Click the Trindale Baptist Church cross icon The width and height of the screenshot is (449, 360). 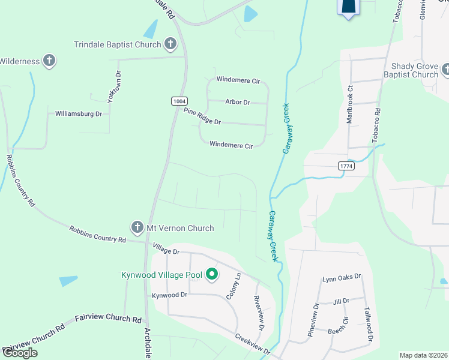[170, 44]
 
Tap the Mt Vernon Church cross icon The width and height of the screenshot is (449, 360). [136, 228]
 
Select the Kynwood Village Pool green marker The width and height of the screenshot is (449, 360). [211, 275]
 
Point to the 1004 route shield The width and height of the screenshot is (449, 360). [178, 101]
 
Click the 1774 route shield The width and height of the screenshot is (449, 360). [345, 166]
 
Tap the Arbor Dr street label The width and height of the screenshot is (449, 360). [237, 102]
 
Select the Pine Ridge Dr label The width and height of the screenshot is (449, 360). [202, 116]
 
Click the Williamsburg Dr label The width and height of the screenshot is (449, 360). [79, 113]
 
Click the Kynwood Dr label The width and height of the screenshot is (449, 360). [170, 295]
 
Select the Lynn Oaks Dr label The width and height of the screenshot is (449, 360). [342, 277]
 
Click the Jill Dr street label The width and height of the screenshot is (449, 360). [341, 301]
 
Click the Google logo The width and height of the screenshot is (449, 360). [19, 353]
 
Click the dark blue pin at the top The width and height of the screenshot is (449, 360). [349, 7]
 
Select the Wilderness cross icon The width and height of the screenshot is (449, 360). [49, 61]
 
